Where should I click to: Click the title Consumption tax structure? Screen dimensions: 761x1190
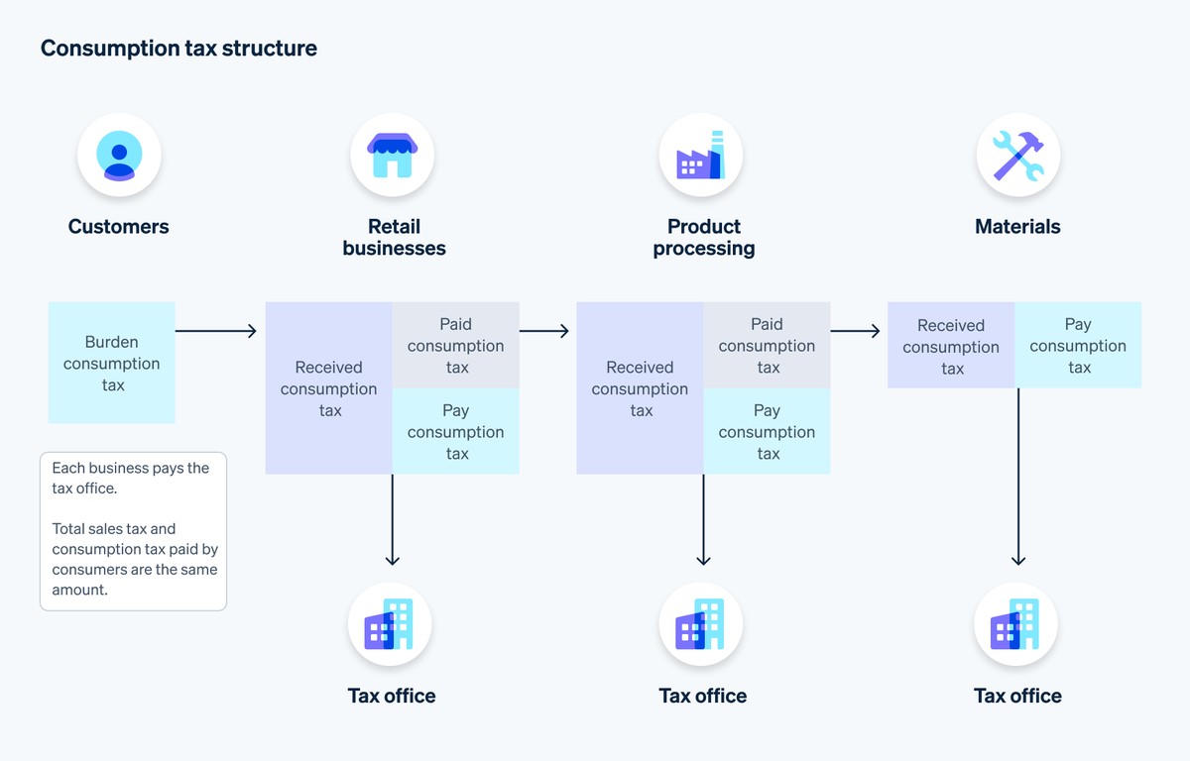(178, 48)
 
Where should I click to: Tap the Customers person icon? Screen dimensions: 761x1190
(119, 156)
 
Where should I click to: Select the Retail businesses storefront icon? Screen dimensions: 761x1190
(392, 156)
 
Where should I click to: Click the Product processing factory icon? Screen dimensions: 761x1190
(701, 156)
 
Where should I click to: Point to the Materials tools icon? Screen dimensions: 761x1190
(1017, 156)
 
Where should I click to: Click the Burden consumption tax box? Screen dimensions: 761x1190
(112, 363)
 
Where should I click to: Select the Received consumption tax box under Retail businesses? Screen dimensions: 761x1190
(329, 387)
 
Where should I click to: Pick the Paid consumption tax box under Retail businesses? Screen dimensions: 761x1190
(456, 345)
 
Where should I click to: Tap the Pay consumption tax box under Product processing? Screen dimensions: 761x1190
(767, 431)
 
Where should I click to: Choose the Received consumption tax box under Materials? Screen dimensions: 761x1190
(951, 345)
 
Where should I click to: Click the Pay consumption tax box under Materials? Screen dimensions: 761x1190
(1078, 345)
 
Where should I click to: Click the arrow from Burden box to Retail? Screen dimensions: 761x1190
(215, 331)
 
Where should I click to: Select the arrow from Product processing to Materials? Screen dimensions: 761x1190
(855, 331)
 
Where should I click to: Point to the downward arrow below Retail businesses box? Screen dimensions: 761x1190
(393, 519)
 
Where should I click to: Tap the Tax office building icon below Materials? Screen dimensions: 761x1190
(1016, 625)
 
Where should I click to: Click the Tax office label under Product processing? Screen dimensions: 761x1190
(702, 696)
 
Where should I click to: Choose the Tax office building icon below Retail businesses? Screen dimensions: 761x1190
(390, 625)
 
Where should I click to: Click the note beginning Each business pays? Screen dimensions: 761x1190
(133, 529)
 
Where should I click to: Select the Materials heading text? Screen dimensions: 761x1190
(1017, 226)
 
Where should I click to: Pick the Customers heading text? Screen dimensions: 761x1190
(119, 226)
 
